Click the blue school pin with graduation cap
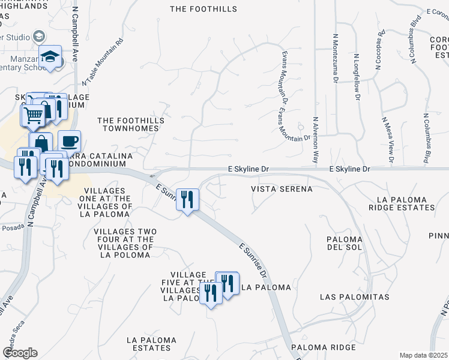(x=50, y=58)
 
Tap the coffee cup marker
(x=69, y=141)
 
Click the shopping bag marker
(x=41, y=143)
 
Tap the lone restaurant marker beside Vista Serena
(x=187, y=199)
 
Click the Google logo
(x=20, y=353)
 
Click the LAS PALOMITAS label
(x=354, y=297)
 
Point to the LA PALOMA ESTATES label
(x=152, y=344)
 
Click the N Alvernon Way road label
(x=315, y=140)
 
